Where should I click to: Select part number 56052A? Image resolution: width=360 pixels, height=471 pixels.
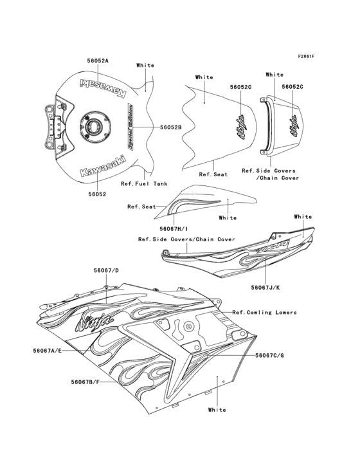tap(98, 60)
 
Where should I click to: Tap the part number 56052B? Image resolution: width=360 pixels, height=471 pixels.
tap(171, 127)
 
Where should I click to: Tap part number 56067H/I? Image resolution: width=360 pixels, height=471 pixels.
tap(175, 228)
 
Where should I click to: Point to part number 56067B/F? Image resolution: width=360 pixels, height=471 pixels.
tap(85, 382)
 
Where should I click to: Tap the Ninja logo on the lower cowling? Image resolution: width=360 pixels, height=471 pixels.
tap(95, 319)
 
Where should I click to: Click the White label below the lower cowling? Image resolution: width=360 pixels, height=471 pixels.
tap(217, 409)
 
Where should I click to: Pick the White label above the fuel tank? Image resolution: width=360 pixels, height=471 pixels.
tap(145, 65)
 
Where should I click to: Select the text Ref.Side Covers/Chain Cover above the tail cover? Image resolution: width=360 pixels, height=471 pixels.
tap(186, 239)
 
